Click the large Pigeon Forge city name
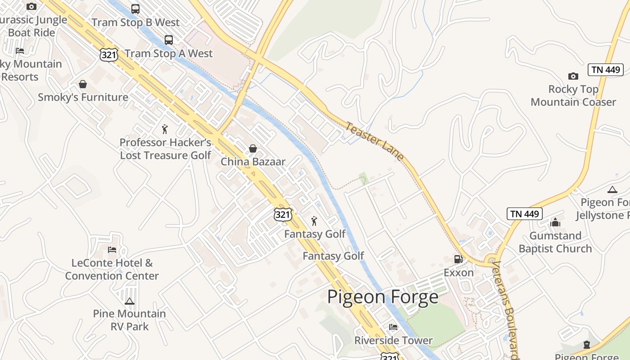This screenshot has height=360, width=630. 382,297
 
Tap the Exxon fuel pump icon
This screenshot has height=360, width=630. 458,259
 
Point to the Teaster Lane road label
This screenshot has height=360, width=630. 374,141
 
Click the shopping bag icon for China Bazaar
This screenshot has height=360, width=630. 253,148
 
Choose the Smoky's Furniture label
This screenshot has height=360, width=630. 83,97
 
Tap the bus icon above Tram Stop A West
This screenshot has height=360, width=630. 169,40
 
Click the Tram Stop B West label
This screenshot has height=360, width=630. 135,22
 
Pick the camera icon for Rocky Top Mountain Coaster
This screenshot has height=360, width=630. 573,76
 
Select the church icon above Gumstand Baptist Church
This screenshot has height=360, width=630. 555,222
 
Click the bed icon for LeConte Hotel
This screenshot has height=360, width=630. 112,250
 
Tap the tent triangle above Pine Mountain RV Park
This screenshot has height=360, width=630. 130,301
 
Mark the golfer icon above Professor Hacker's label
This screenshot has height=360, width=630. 165,129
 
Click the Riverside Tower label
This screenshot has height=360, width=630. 393,341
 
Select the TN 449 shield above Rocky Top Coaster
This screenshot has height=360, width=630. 605,70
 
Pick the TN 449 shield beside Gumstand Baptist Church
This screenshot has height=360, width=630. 524,214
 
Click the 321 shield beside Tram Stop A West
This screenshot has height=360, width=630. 108,55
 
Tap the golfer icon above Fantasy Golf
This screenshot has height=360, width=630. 314,221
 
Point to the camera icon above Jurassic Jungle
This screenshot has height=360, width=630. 31,6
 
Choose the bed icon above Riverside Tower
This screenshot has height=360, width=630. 393,327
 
